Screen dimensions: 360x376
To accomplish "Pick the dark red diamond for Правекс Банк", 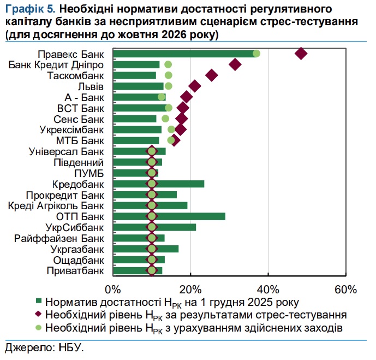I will coord(301,53).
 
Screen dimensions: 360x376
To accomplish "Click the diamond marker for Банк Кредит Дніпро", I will coord(235,64).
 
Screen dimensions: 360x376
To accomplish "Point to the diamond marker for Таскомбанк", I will coord(212,75).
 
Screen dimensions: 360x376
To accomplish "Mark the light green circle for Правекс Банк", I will coord(256,53).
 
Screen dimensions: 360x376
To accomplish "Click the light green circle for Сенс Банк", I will coord(165,119).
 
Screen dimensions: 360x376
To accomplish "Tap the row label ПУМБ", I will coord(89,173).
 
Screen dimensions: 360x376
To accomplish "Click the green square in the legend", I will coord(38,302).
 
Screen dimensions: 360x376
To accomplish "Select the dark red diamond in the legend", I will coord(38,315).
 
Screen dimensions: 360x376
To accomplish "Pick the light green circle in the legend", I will coord(38,328).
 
